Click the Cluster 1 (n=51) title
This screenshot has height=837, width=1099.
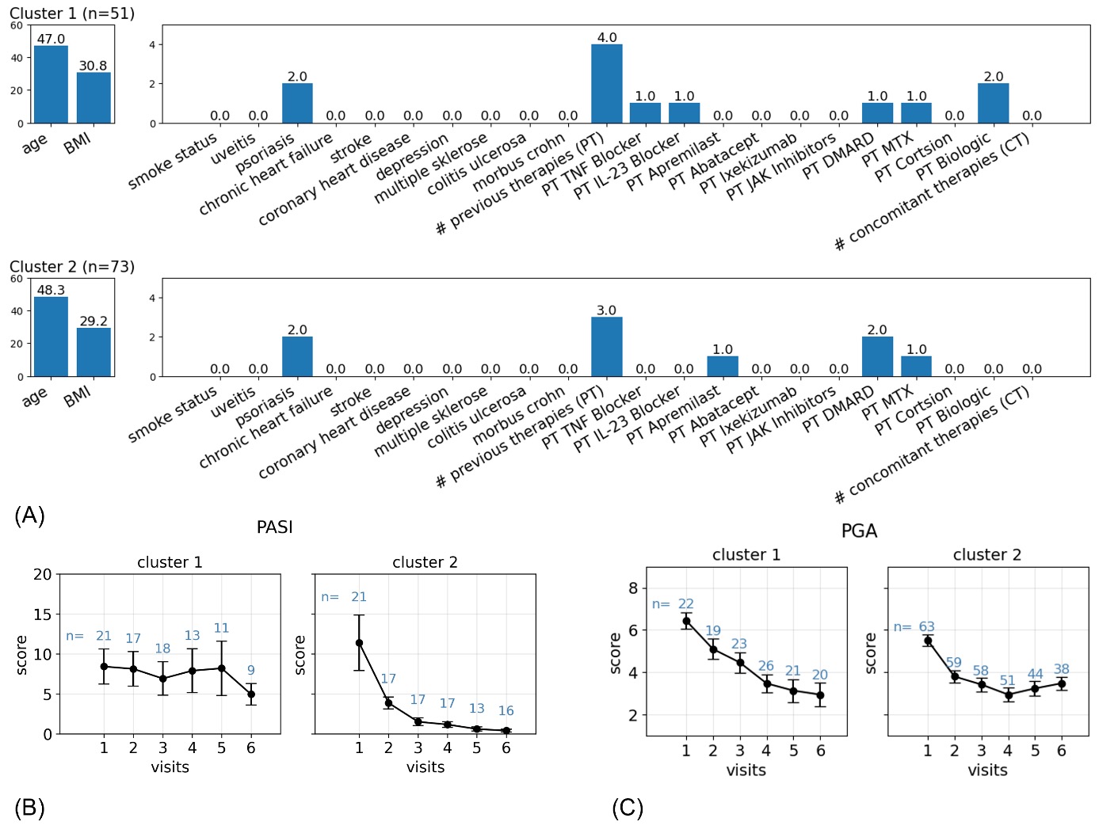(72, 13)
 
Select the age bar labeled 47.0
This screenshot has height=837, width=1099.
(51, 84)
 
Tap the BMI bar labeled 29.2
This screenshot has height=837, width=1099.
(93, 352)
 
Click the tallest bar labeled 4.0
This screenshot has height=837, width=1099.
(606, 83)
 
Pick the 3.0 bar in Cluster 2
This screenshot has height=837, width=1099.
(606, 346)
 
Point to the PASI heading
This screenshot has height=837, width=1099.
(275, 527)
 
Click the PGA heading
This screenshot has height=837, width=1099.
(859, 531)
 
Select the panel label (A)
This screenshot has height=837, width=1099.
(29, 516)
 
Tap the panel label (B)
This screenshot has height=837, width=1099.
(29, 808)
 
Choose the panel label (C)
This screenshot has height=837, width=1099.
(628, 808)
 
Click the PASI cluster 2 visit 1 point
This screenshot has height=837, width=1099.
(359, 643)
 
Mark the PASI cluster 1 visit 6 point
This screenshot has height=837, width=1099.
(251, 694)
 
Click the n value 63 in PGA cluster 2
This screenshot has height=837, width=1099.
(926, 627)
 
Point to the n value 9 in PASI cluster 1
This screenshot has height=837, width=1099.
(251, 670)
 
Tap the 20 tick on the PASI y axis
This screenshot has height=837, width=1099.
(43, 575)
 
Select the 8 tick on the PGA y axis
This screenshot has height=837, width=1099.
(633, 588)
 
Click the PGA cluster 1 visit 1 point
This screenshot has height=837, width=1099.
(686, 622)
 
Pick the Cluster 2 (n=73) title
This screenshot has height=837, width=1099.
(72, 267)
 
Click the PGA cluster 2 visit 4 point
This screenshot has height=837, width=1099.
(1008, 695)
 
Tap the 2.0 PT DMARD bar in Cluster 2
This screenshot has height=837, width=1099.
(877, 356)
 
